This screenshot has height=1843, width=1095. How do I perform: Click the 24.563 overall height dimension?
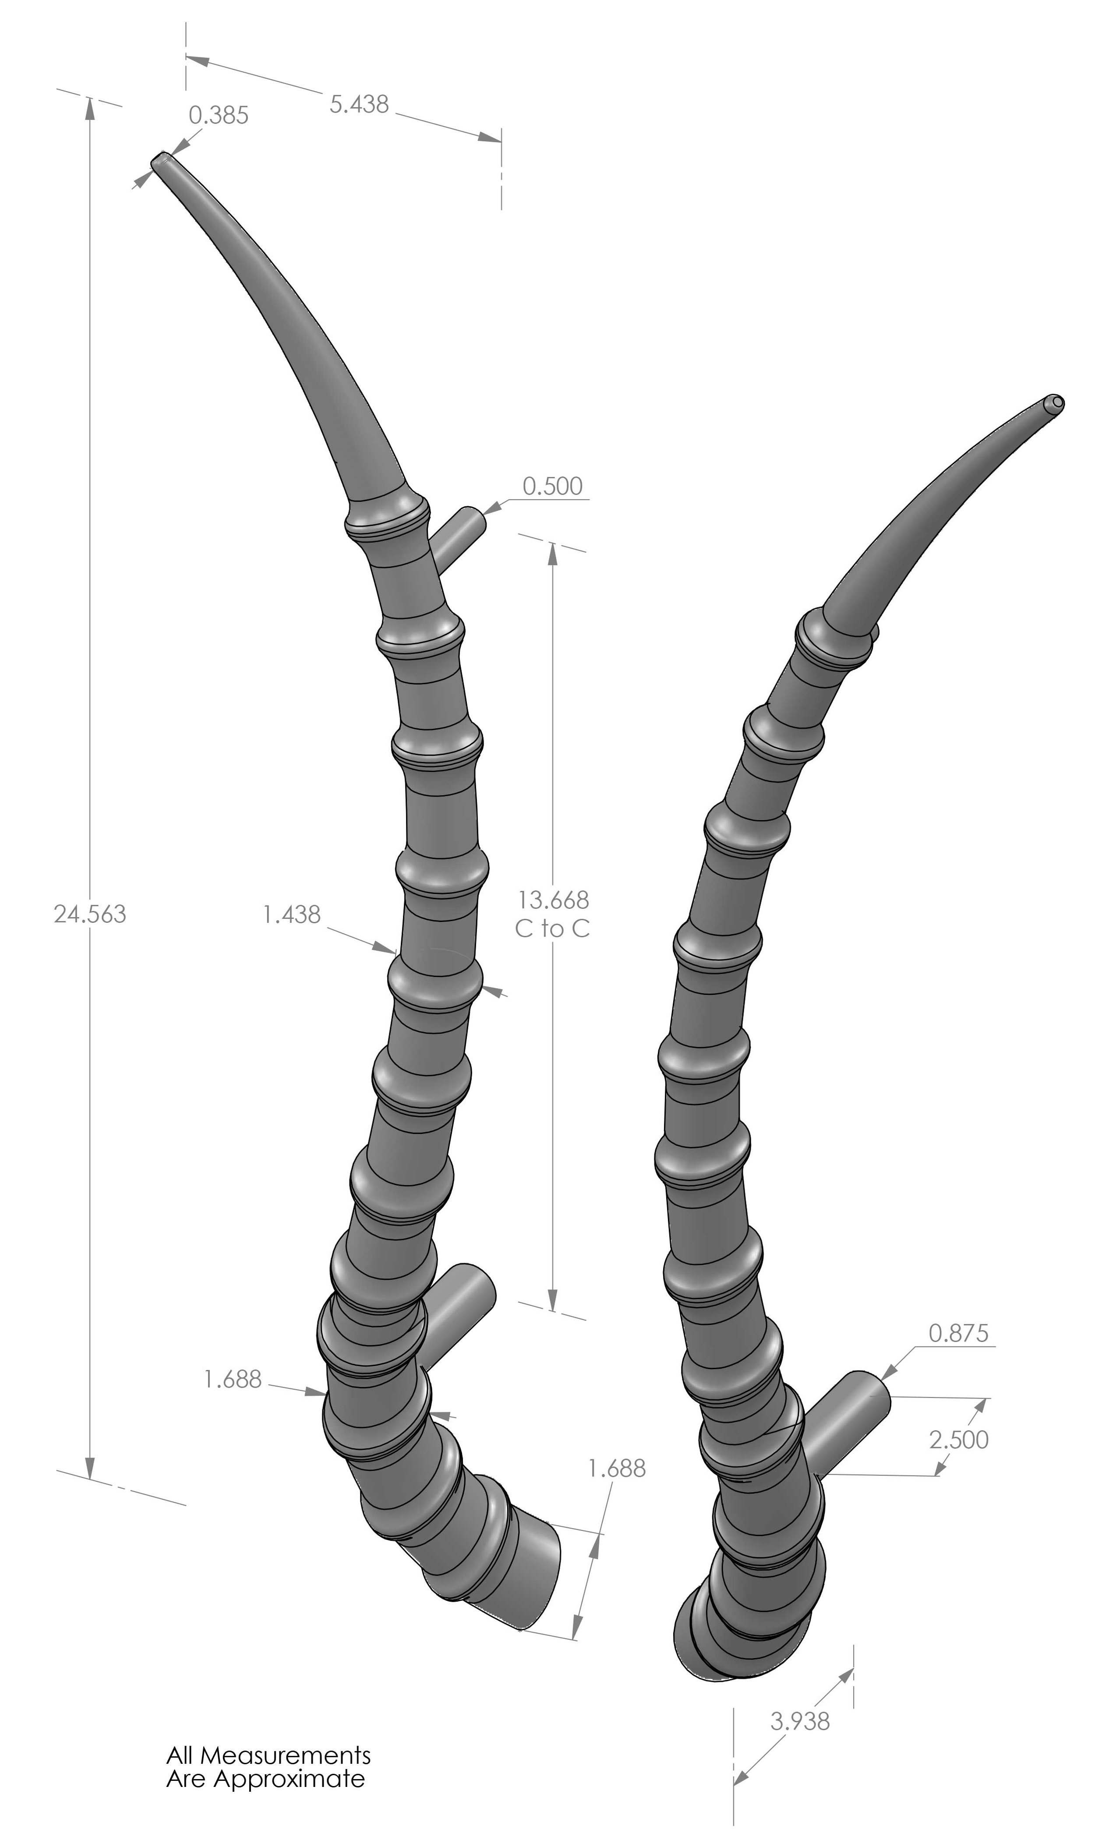point(90,914)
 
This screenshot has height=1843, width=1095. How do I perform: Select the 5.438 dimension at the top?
point(359,104)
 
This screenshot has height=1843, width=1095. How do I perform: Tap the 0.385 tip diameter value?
point(219,116)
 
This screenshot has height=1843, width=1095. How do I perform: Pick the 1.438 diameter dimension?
point(291,915)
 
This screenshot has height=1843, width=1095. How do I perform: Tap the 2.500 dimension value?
point(958,1440)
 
